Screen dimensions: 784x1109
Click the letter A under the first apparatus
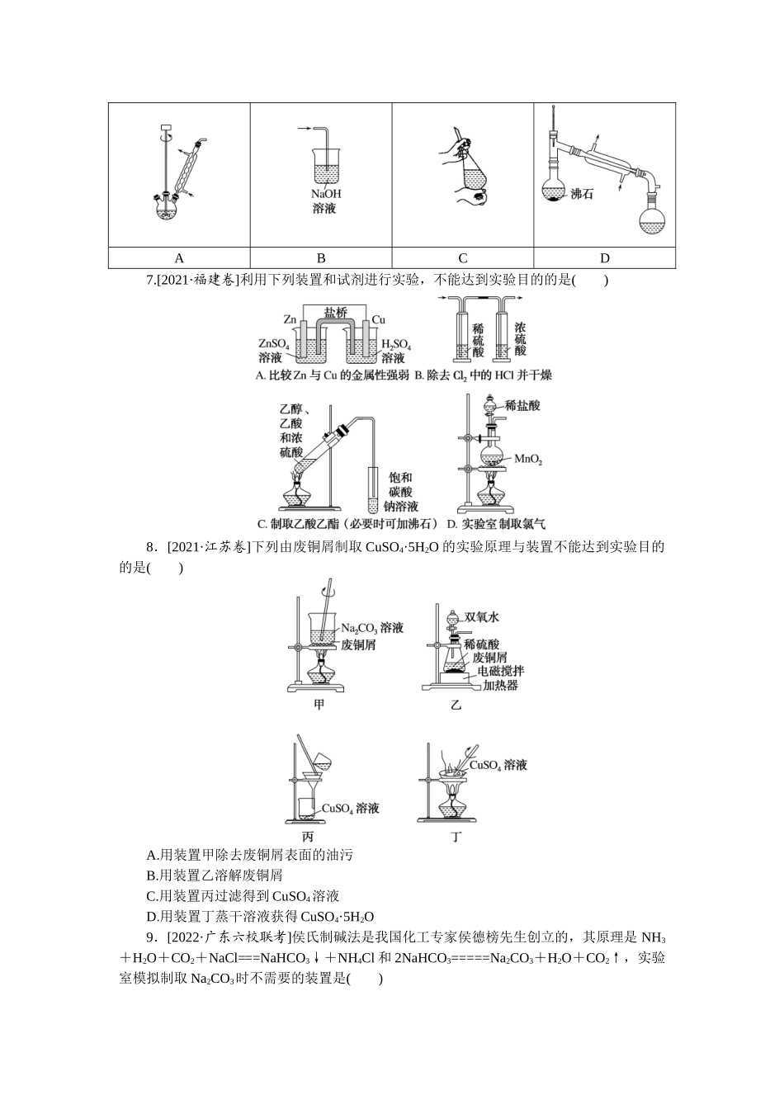pos(179,257)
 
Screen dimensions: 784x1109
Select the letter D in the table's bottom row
pos(604,257)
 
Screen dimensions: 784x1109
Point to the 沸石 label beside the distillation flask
pos(582,195)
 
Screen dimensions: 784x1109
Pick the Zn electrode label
pos(290,319)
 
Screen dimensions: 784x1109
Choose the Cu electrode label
pos(379,319)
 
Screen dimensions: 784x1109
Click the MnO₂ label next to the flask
pos(527,459)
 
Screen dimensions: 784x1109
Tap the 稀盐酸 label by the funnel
pos(522,405)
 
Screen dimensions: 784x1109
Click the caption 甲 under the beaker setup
pos(319,704)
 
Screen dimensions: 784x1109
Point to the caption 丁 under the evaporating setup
pos(456,837)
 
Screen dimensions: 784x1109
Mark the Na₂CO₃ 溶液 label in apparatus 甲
pos(372,629)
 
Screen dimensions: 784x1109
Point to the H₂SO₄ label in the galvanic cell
pos(396,345)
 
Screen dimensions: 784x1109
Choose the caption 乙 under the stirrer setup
pos(456,704)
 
